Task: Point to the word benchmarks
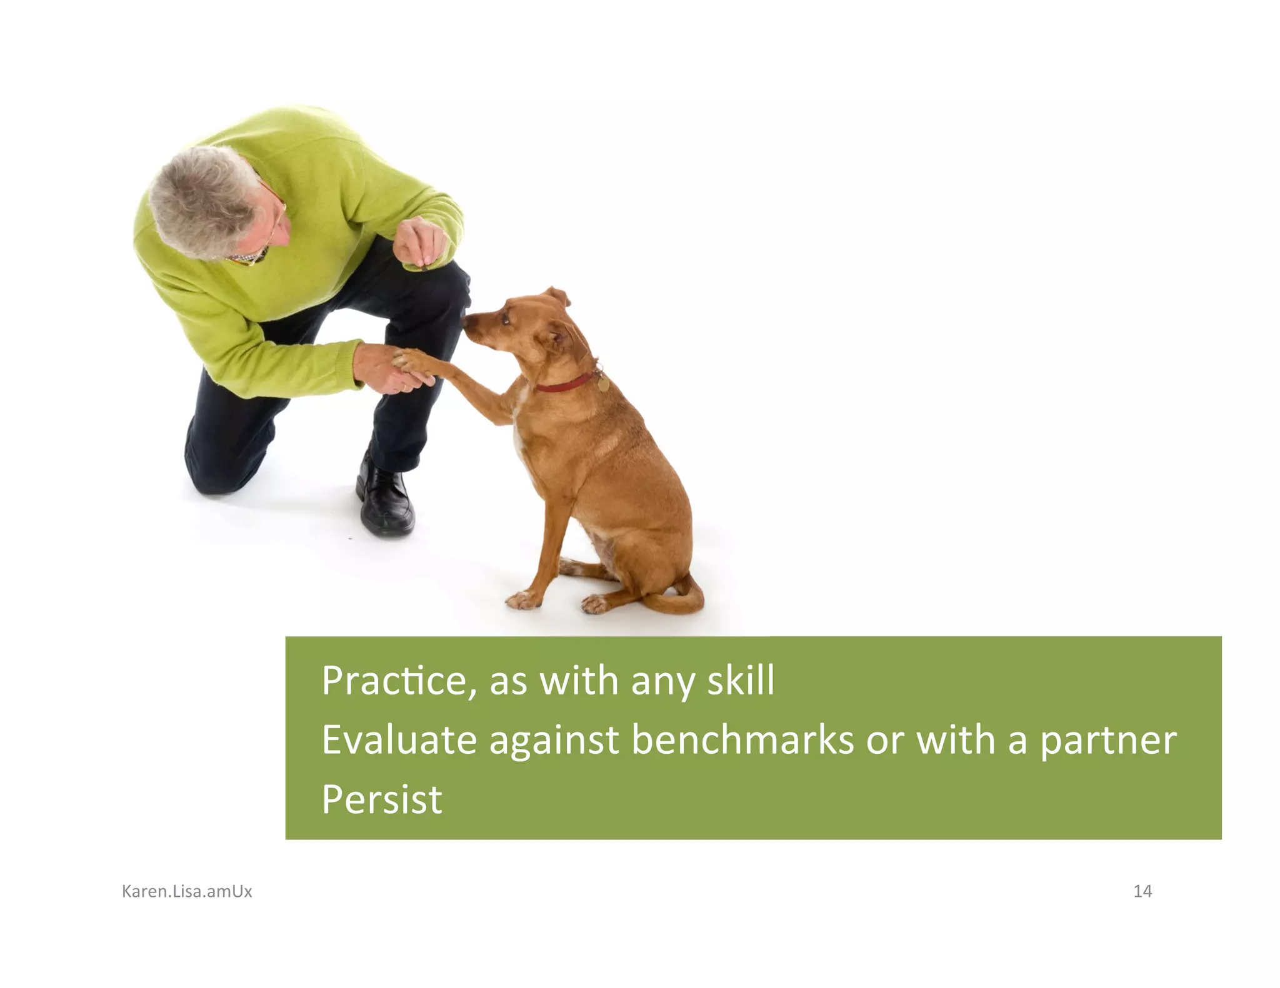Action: [x=742, y=740]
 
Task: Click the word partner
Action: [x=1107, y=741]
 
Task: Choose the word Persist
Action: [x=381, y=799]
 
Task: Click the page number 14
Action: [x=1142, y=891]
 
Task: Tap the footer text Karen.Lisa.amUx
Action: [x=187, y=891]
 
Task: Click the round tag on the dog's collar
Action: [x=602, y=383]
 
